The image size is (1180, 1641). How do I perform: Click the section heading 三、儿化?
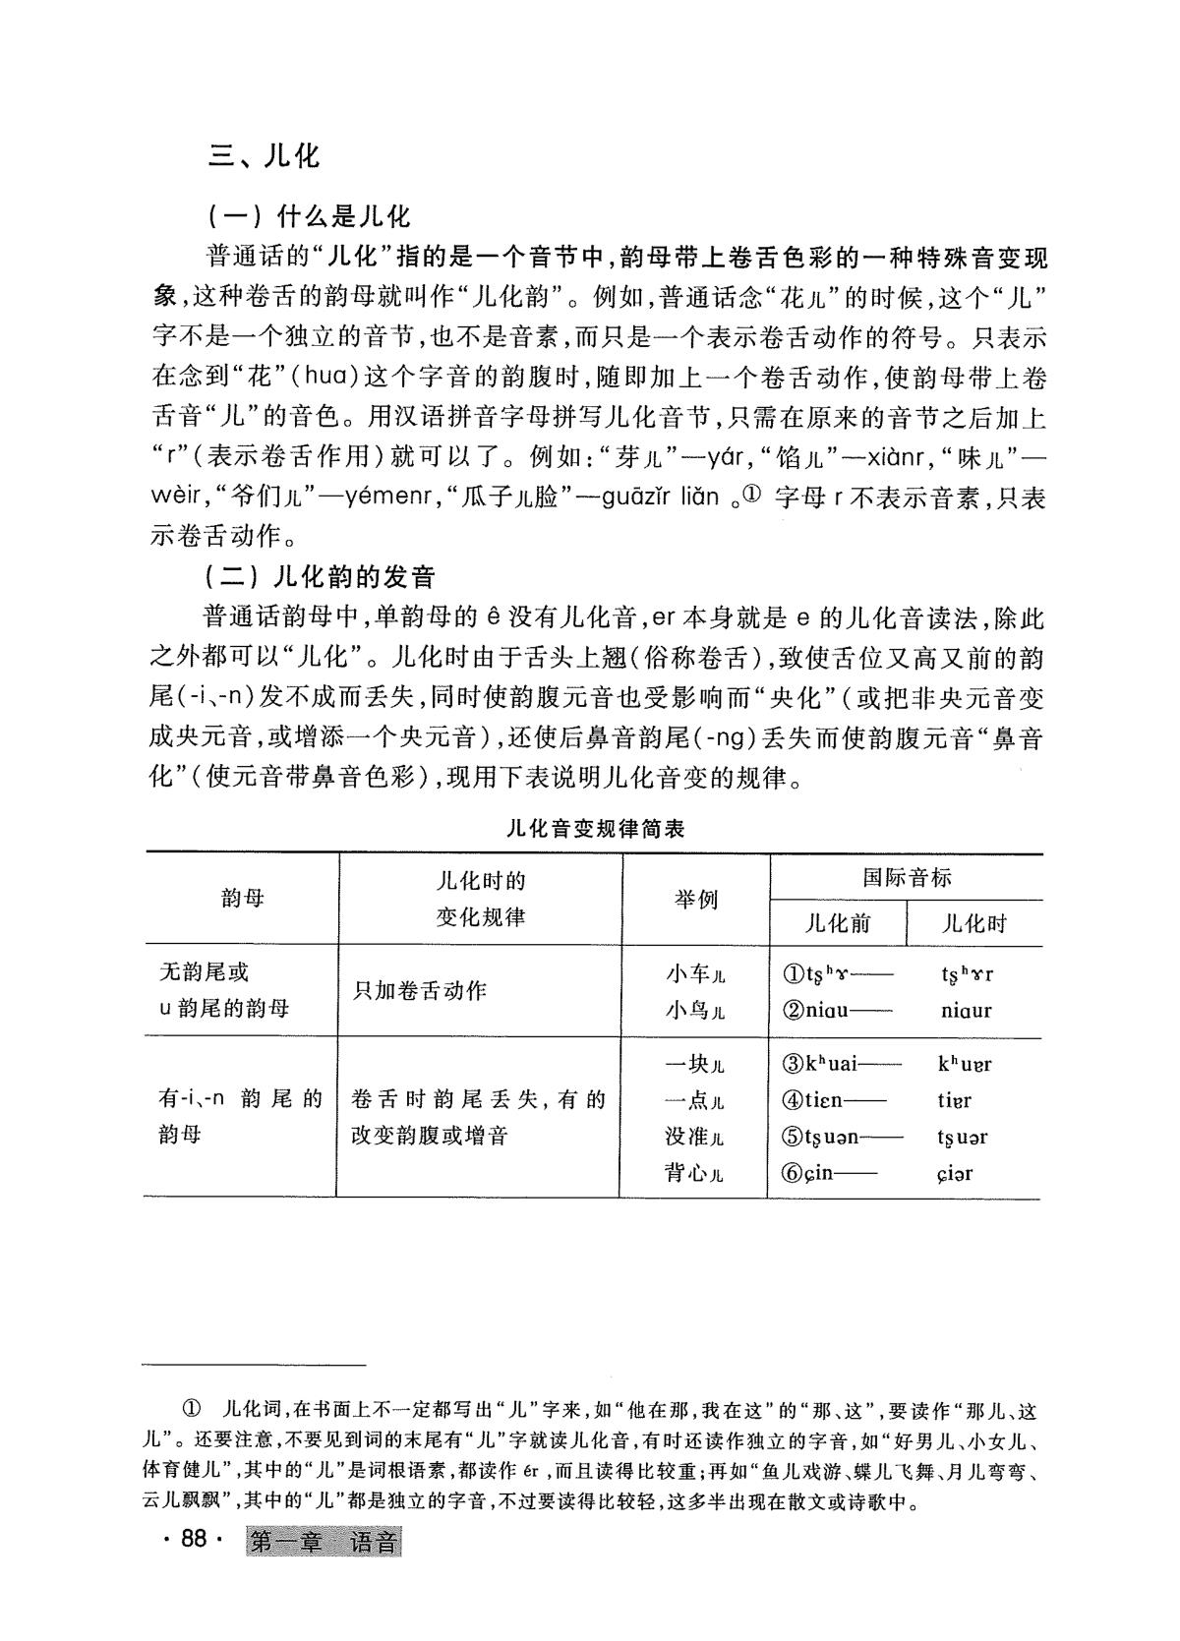265,155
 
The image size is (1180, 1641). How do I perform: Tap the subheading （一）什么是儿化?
308,216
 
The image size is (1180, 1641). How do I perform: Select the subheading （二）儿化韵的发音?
321,576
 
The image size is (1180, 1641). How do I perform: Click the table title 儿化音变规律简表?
595,828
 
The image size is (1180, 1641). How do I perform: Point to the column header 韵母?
243,898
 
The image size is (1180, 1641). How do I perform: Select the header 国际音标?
906,877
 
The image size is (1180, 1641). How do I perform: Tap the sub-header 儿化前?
837,923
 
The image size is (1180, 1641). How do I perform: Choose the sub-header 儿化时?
973,923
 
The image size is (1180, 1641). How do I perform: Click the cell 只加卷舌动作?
420,991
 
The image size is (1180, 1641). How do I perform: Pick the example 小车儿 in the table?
694,974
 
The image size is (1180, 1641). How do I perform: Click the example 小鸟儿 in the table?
694,1010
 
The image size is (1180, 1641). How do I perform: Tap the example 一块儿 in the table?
694,1064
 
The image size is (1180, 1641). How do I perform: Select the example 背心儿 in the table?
694,1173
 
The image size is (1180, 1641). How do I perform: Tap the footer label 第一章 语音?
324,1542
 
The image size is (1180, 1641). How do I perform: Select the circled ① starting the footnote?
192,1411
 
